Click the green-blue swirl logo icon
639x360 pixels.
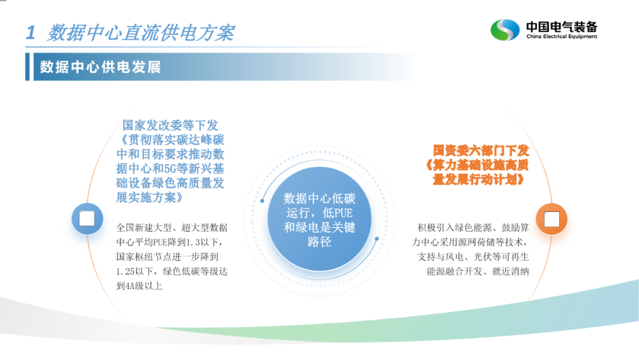(505, 30)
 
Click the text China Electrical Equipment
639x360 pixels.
(561, 36)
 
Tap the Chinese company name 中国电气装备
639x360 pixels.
(561, 27)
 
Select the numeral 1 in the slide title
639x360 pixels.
(31, 33)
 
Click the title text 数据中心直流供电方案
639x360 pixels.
(141, 33)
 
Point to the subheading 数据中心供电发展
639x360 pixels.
(101, 67)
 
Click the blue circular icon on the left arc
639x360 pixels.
(87, 218)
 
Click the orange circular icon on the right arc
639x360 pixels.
(551, 219)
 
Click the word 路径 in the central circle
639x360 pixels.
(319, 242)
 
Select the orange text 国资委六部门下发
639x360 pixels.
(481, 150)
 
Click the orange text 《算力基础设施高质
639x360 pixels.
(477, 165)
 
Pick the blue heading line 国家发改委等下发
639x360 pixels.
(170, 125)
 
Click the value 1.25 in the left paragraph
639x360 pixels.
(126, 271)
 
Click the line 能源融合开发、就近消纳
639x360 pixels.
(478, 271)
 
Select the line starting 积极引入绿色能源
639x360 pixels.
(473, 227)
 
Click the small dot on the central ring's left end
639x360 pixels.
(263, 201)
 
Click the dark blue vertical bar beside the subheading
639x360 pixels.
(28, 66)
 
